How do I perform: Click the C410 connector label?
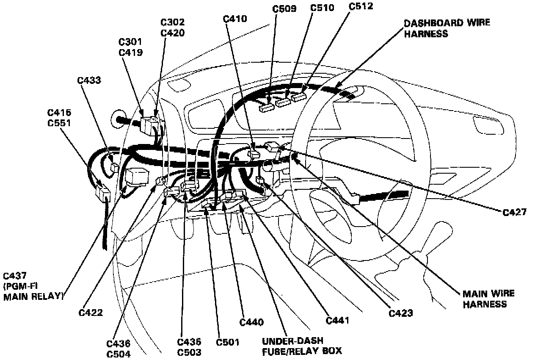tap(234, 18)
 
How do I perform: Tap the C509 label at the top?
tap(285, 8)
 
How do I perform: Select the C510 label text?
tap(322, 8)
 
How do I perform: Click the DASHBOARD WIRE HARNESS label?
tap(447, 28)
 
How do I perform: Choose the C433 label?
tap(90, 80)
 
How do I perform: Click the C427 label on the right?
tap(515, 212)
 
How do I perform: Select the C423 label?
tap(401, 313)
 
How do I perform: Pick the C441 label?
tap(337, 320)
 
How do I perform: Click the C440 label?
tap(251, 322)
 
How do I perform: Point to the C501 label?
tap(228, 342)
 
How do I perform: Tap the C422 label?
tap(91, 313)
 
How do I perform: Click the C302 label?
tap(173, 22)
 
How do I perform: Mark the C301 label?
tap(130, 42)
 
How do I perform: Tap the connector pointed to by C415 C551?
tap(103, 193)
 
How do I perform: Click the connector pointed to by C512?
tap(299, 97)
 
